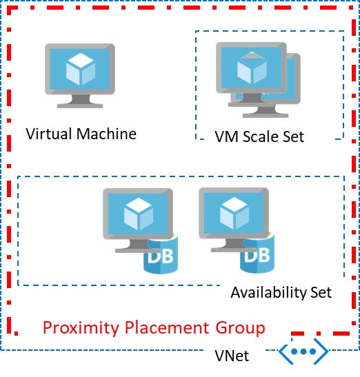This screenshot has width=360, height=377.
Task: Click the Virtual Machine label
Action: pos(81,134)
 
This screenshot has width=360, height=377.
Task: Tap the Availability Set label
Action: pos(281,292)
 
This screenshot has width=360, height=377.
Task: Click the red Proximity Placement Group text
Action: pos(154,327)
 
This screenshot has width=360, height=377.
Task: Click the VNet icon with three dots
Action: pos(303,352)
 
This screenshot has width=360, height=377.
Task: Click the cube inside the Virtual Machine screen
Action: pos(80,68)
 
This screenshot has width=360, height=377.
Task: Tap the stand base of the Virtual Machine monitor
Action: pos(80,105)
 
